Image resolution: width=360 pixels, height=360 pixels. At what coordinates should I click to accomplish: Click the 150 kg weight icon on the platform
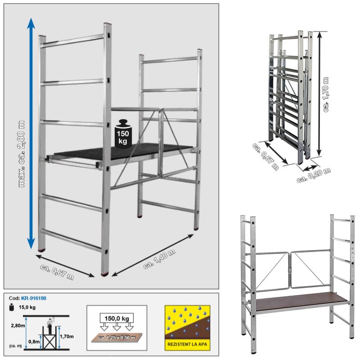[123, 134]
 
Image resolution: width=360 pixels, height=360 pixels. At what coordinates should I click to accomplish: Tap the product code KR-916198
[33, 298]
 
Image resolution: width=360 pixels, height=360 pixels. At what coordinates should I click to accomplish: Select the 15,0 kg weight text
[27, 307]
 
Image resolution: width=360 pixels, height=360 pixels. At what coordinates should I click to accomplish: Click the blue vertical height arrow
[31, 134]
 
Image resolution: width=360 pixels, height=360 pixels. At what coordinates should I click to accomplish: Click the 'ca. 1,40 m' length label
[159, 259]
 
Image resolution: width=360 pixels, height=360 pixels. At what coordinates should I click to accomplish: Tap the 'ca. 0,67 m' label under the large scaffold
[57, 272]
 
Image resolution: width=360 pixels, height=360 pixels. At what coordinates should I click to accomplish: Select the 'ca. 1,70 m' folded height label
[325, 94]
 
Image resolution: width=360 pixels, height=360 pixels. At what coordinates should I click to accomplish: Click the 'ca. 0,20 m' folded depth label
[314, 175]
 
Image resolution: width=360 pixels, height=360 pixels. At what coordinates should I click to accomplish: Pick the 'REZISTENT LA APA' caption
[187, 344]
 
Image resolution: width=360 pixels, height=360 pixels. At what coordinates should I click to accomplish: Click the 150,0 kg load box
[117, 319]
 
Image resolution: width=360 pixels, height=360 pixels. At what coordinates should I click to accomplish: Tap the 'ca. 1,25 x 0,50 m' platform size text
[117, 337]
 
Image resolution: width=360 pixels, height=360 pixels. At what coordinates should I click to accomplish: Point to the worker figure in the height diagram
[50, 325]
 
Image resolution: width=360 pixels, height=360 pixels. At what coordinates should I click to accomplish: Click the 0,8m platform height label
[34, 342]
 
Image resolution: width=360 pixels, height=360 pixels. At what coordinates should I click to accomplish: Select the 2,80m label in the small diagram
[18, 325]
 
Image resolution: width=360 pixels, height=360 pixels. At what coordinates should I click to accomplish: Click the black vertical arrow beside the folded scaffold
[319, 94]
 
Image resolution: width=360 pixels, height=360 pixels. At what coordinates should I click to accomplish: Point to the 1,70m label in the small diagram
[67, 337]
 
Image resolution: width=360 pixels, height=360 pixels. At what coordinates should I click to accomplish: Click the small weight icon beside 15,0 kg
[12, 307]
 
